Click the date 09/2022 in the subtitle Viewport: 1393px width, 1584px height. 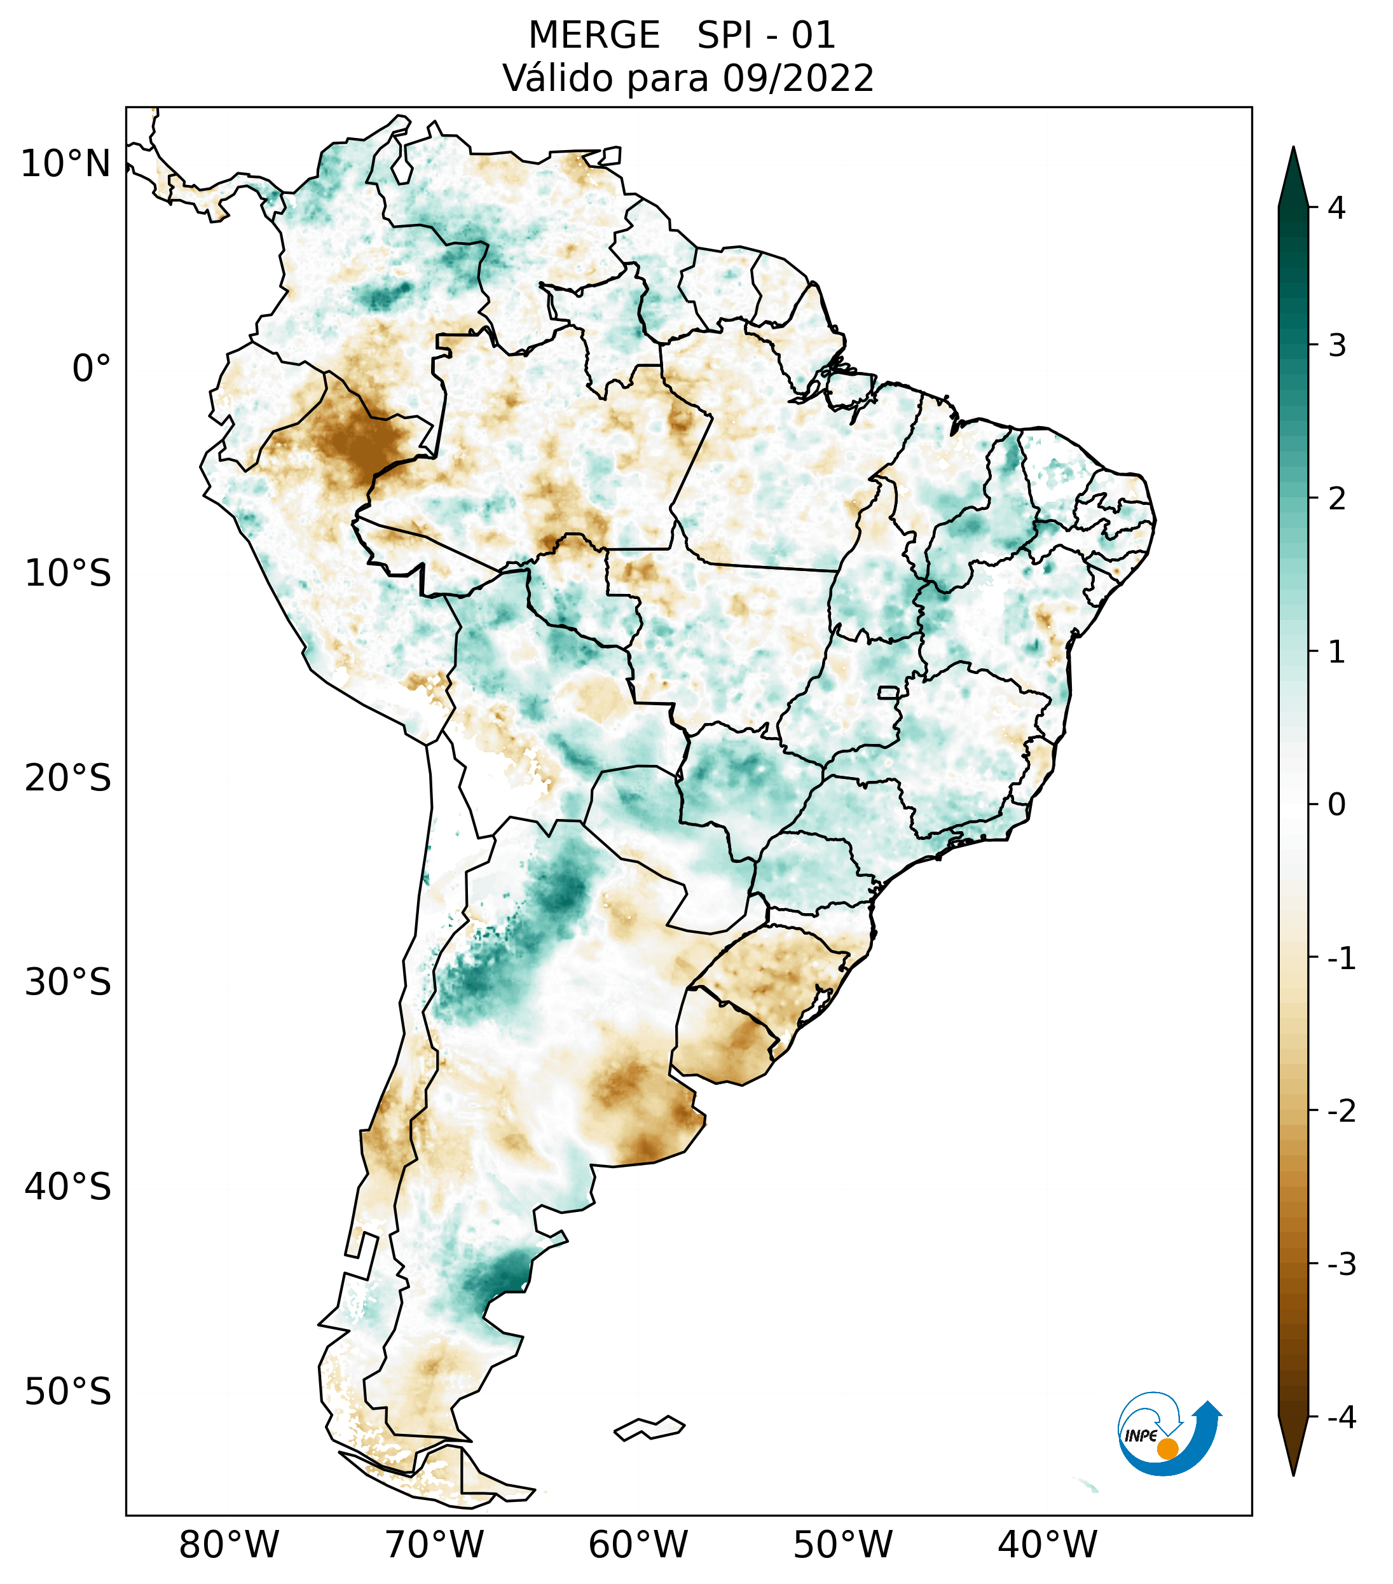(x=798, y=78)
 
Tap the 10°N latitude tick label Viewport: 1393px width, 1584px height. (x=66, y=163)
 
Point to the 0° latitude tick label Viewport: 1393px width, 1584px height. (x=92, y=368)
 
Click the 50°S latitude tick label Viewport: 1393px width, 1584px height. (x=68, y=1392)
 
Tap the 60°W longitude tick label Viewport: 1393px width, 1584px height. (x=638, y=1545)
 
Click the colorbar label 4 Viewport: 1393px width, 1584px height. (x=1336, y=208)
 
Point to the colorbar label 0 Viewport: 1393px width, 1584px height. (x=1336, y=805)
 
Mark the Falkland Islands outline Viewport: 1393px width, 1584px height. (x=649, y=1428)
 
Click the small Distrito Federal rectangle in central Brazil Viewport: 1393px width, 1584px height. (x=888, y=692)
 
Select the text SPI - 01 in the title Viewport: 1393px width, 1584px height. (x=765, y=36)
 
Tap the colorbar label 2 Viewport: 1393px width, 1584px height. (x=1336, y=499)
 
